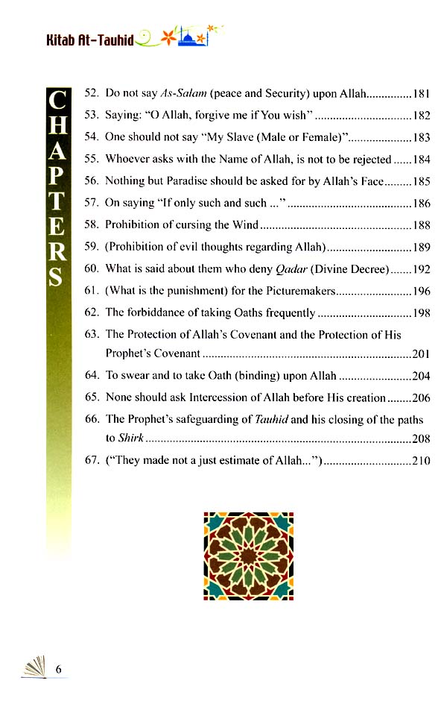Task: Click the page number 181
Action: [421, 95]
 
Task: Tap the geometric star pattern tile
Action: [248, 556]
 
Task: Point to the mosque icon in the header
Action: [192, 38]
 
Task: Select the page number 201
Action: [421, 354]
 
